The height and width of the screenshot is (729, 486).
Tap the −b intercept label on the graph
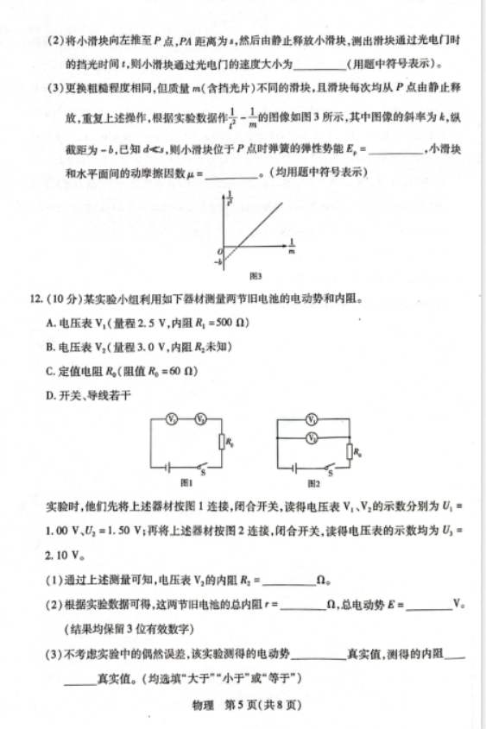pos(219,260)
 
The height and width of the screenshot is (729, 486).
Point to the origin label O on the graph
pos(220,248)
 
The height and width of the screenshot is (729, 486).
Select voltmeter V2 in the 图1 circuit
pos(200,418)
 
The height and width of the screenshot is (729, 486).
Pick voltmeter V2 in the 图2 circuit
pos(312,437)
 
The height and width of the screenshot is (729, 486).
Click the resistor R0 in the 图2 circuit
pos(349,450)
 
